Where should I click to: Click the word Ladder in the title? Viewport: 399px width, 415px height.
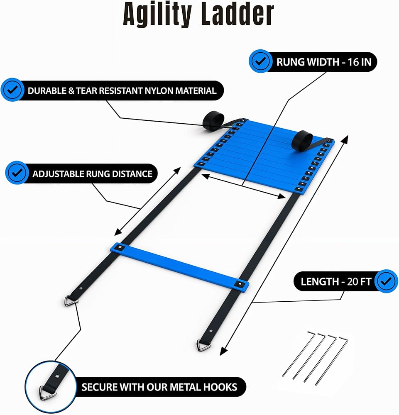tap(237, 14)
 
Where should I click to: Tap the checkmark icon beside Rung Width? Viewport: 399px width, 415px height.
tap(260, 61)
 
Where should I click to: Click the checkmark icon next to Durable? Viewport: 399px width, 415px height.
tap(12, 90)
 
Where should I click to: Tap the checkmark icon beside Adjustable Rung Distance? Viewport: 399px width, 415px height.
tap(17, 173)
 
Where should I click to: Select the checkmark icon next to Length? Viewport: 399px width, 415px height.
tap(386, 281)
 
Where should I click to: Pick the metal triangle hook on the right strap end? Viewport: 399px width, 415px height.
tap(203, 346)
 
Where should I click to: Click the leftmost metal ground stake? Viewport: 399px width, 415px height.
tap(299, 354)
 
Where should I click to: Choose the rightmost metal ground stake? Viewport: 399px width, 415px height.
tap(332, 361)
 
